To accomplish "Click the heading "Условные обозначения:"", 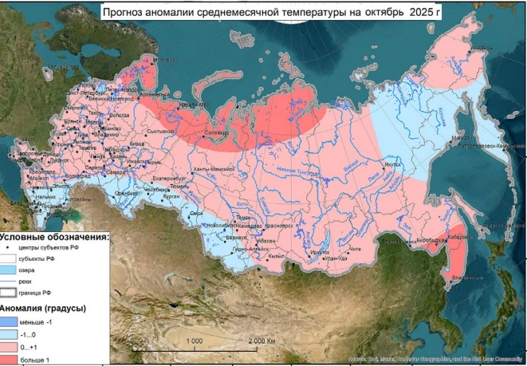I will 54,237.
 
